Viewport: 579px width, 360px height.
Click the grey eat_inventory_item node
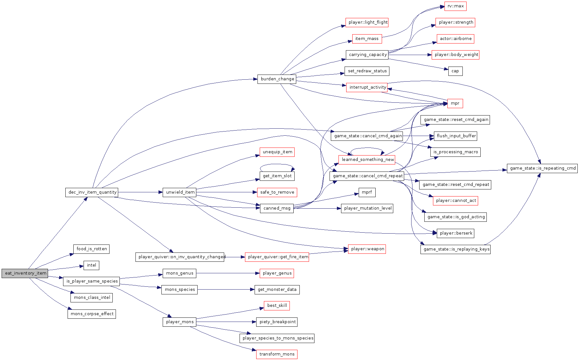pyautogui.click(x=25, y=273)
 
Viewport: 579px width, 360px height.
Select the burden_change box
pyautogui.click(x=277, y=79)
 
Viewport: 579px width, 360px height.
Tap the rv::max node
pyautogui.click(x=455, y=6)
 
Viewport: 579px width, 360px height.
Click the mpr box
pyautogui.click(x=455, y=103)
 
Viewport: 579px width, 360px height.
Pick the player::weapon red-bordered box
pyautogui.click(x=367, y=249)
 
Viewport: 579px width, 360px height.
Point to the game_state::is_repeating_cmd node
pyautogui.click(x=542, y=168)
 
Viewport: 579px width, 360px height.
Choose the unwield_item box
pyautogui.click(x=180, y=192)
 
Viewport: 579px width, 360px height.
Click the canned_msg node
pyautogui.click(x=277, y=208)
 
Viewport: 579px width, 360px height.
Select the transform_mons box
pyautogui.click(x=277, y=354)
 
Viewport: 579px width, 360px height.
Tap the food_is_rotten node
pyautogui.click(x=92, y=249)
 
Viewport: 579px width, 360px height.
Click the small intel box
pyautogui.click(x=91, y=265)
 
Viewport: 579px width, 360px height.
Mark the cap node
pyautogui.click(x=455, y=71)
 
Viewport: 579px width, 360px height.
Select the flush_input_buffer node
pyautogui.click(x=455, y=136)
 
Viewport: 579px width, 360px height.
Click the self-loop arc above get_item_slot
pyautogui.click(x=277, y=164)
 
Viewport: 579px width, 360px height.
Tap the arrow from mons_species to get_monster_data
pyautogui.click(x=226, y=290)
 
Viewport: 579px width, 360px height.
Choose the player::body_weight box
pyautogui.click(x=455, y=55)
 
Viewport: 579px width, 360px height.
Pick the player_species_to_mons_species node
pyautogui.click(x=277, y=338)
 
